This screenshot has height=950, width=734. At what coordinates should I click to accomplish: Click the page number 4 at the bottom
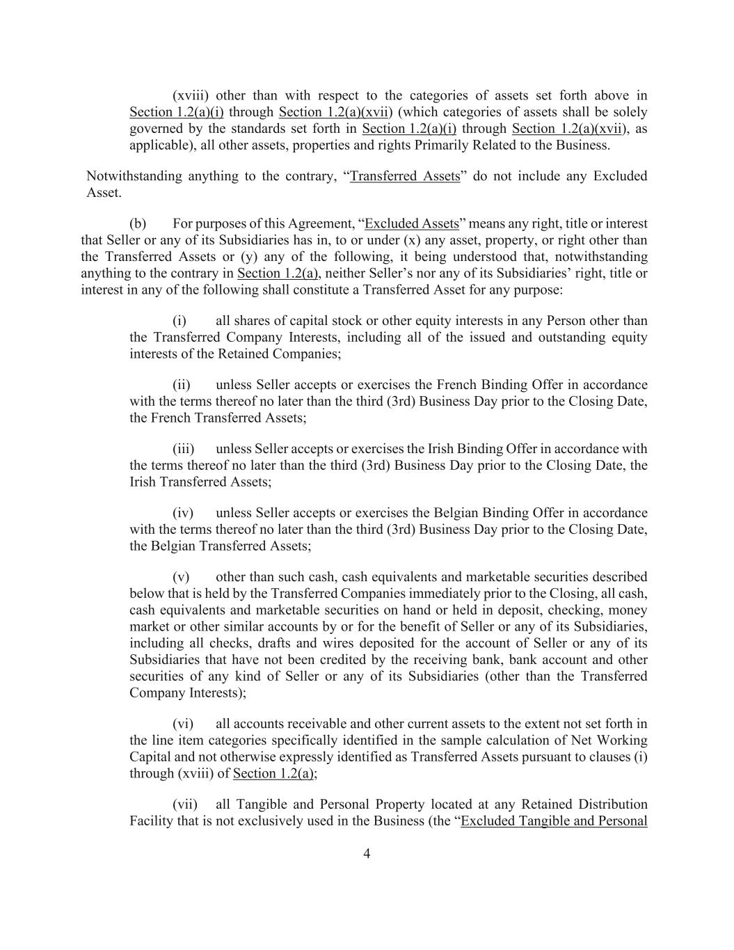[x=367, y=854]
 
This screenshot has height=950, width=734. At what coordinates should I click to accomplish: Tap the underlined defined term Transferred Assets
[x=405, y=176]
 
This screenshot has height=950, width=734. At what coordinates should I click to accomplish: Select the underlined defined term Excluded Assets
[x=412, y=223]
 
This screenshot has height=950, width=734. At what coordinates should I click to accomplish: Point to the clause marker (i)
[x=179, y=321]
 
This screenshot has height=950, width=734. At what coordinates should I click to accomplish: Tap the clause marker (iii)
[x=183, y=449]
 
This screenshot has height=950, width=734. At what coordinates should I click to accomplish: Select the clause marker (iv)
[x=182, y=513]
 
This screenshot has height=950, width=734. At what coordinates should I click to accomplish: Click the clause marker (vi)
[x=182, y=724]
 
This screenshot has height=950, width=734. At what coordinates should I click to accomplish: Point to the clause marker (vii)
[x=184, y=805]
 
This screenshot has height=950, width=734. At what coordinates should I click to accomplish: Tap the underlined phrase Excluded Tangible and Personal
[x=554, y=821]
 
